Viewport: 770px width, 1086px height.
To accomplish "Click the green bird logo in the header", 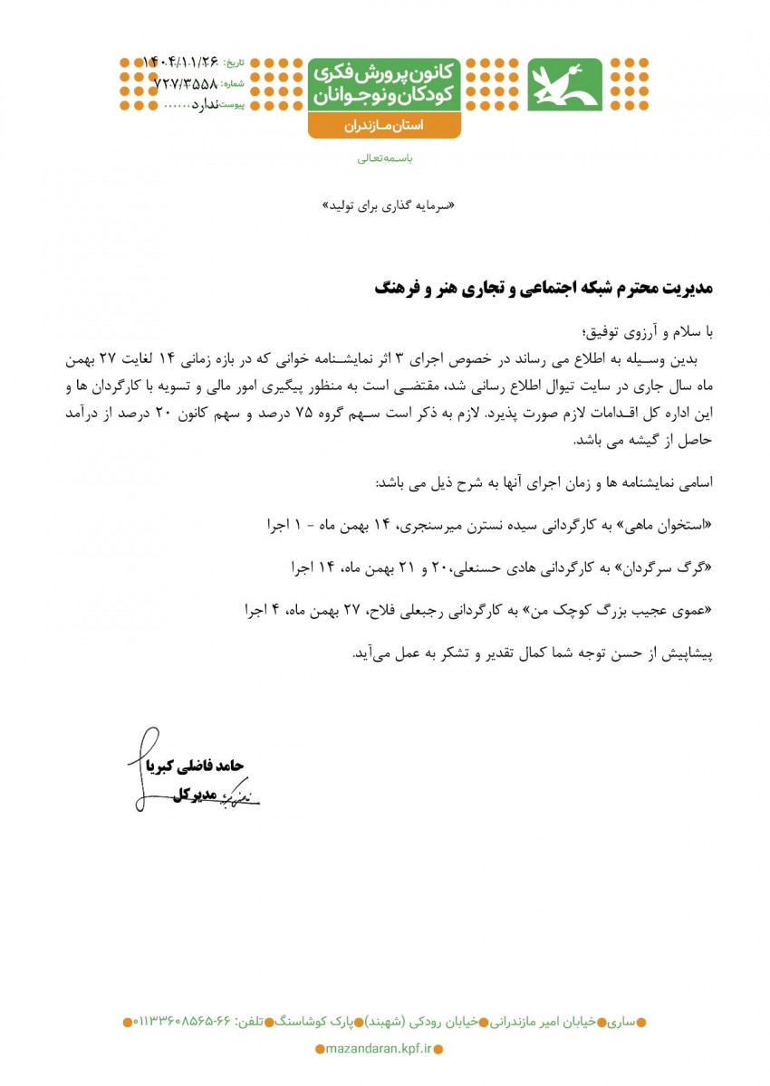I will pyautogui.click(x=564, y=84).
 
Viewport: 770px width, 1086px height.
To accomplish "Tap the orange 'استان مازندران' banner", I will pyautogui.click(x=384, y=127).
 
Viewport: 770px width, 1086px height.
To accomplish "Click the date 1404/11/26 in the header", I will pyautogui.click(x=182, y=62).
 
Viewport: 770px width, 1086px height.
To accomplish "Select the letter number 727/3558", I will pyautogui.click(x=186, y=83).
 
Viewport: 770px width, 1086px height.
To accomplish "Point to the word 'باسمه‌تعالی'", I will pyautogui.click(x=385, y=158).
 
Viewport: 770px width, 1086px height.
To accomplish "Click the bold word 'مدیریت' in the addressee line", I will pyautogui.click(x=688, y=288).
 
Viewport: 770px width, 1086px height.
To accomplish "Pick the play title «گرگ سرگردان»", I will pyautogui.click(x=673, y=567).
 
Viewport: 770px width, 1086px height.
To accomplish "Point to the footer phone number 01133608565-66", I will pyautogui.click(x=186, y=1022).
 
